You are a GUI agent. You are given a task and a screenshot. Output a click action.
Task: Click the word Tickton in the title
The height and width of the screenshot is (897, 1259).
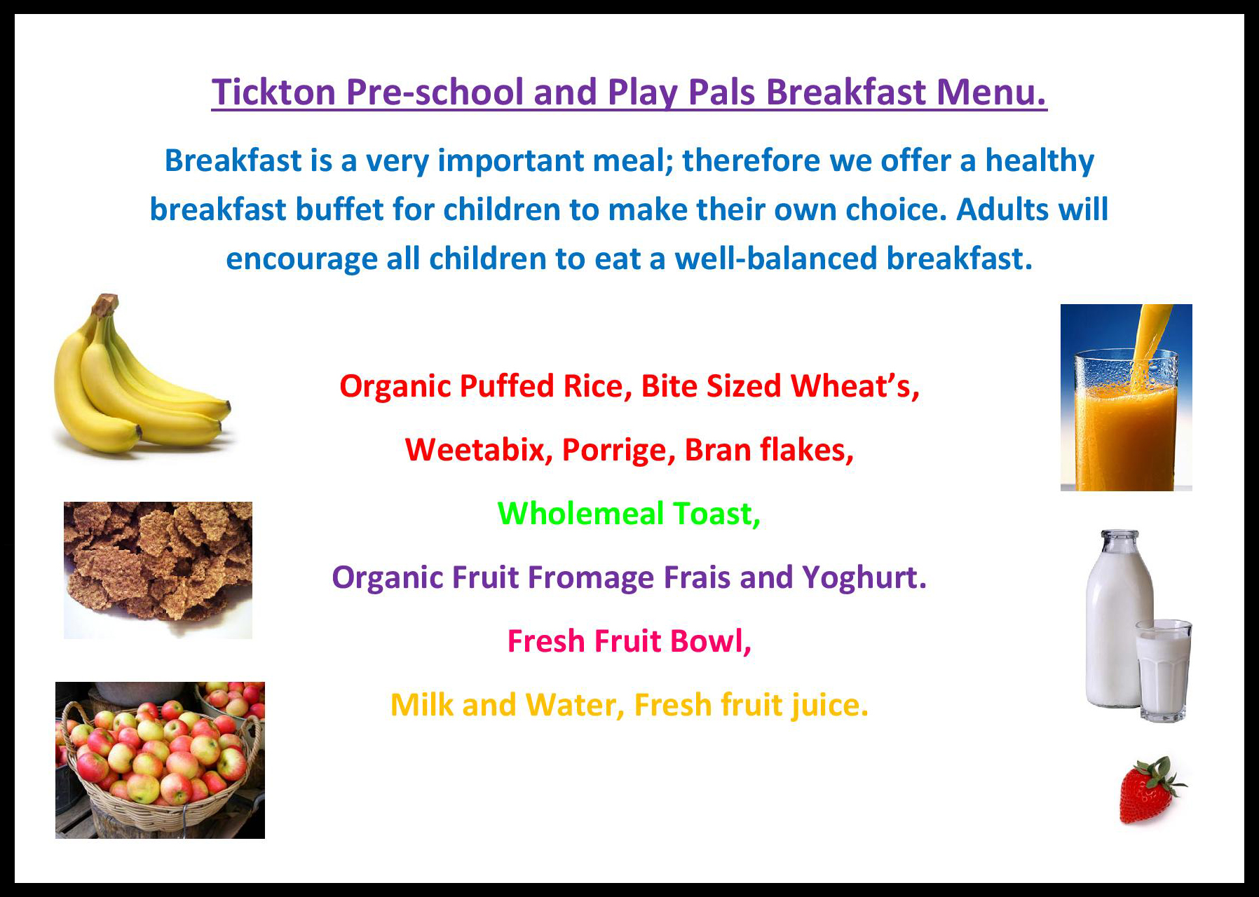tap(274, 93)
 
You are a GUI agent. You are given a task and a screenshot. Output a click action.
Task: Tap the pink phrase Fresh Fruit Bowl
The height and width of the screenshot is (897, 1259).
tap(629, 641)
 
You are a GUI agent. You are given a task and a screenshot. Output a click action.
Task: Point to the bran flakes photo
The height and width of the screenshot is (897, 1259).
tap(158, 570)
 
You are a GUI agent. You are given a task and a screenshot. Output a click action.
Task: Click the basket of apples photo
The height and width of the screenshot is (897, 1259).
tap(160, 760)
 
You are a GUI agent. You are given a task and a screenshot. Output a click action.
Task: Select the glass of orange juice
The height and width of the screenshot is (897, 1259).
tap(1126, 420)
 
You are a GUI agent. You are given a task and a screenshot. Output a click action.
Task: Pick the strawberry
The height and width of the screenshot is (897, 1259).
tap(1148, 792)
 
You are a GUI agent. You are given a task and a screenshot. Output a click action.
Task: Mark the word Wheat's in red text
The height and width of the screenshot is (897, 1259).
tap(855, 387)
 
